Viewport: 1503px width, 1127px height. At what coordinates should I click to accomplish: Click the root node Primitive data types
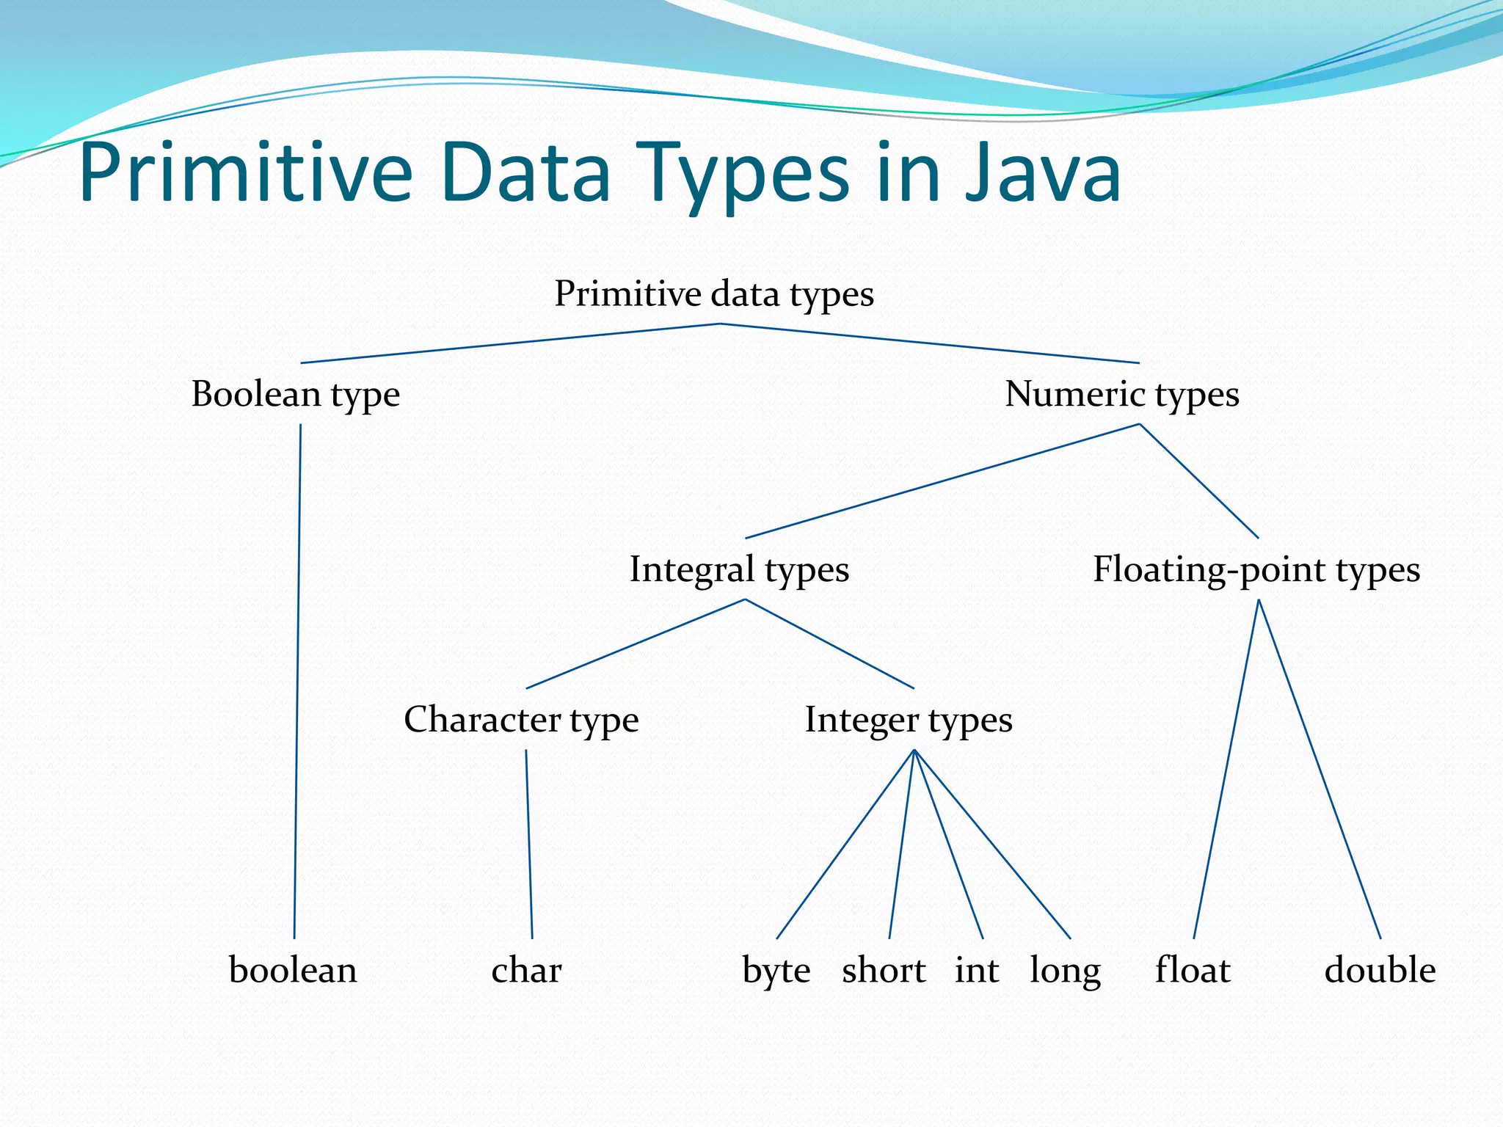pos(714,294)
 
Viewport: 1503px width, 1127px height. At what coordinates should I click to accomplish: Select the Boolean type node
pos(296,394)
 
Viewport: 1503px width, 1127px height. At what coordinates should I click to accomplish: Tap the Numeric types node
pos(1121,394)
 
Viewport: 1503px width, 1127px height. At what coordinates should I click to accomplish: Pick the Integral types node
pos(739,569)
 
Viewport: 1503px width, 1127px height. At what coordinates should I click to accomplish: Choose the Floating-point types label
pos(1256,569)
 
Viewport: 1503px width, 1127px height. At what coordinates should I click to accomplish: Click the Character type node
pos(521,719)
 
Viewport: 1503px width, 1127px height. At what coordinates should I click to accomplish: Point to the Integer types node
pos(909,719)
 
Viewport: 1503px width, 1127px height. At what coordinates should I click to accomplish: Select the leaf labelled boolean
pos(293,970)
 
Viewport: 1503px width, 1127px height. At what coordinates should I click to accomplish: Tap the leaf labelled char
pos(526,970)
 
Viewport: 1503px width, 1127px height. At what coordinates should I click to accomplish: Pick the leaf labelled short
pos(884,970)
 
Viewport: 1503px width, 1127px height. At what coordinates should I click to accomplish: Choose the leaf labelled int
pos(976,970)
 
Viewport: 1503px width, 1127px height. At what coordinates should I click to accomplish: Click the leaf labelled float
pos(1193,970)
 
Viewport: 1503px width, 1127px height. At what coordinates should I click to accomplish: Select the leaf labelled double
pos(1380,970)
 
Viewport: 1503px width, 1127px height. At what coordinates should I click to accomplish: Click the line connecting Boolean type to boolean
pos(297,682)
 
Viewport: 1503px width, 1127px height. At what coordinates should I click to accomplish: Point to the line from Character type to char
pos(529,844)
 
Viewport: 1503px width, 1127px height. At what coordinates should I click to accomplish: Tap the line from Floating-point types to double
pos(1320,770)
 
